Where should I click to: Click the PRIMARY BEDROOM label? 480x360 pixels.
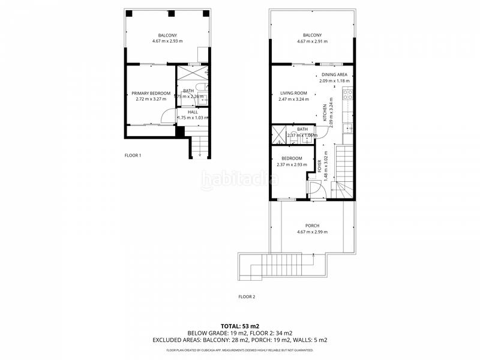point(151,93)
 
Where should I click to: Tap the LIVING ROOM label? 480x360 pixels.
point(293,93)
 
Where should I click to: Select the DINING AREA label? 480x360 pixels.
point(334,74)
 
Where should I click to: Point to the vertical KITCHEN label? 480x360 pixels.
point(325,113)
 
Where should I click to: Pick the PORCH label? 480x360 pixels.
point(313,226)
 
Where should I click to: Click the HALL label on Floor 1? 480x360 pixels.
point(193,112)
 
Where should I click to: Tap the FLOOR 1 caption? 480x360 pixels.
point(133,155)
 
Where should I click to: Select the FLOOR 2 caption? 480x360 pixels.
point(247,296)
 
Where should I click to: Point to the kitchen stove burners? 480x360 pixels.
point(346,94)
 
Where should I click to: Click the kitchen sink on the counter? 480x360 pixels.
point(346,127)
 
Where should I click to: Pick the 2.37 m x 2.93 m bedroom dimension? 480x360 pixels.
point(292,165)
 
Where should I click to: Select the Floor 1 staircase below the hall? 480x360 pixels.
point(199,146)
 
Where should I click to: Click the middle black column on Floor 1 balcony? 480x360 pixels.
point(171,13)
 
